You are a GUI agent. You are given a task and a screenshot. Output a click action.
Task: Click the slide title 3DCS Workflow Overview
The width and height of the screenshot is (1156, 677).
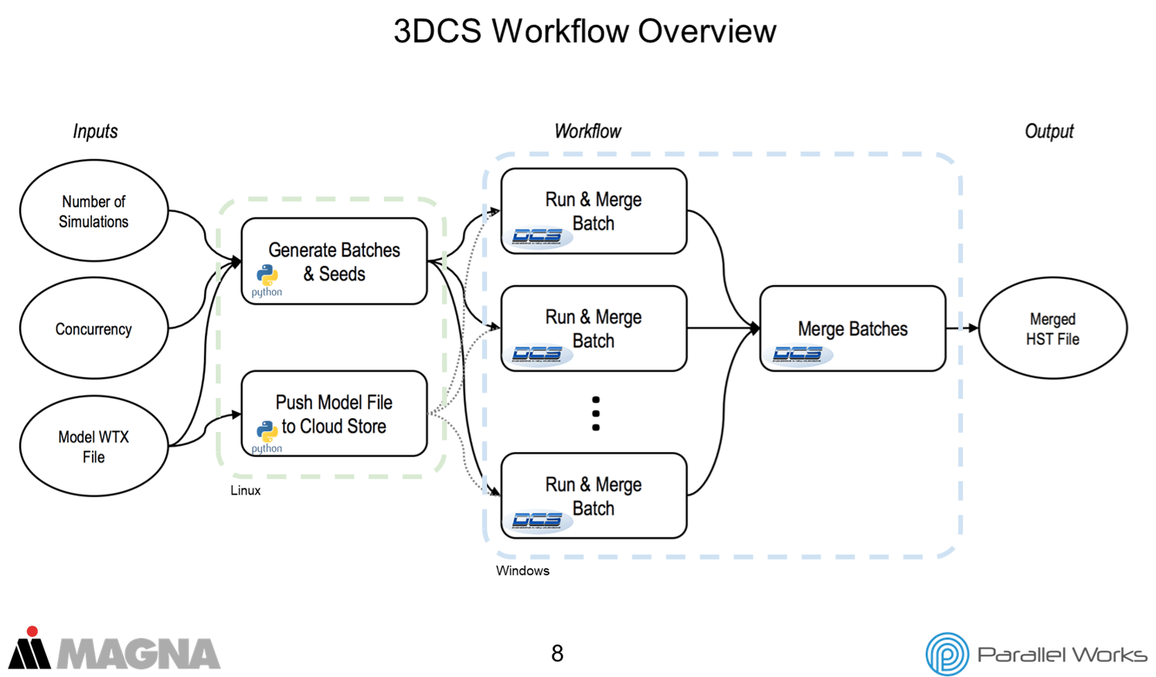click(584, 32)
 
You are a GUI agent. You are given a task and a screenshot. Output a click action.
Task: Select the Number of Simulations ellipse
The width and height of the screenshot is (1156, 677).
click(93, 211)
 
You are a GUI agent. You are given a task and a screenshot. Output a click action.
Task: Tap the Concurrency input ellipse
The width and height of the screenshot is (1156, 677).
click(93, 328)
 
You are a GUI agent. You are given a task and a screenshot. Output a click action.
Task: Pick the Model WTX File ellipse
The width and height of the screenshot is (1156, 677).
click(93, 446)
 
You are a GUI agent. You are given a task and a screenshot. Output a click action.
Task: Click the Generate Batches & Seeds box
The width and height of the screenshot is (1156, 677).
click(334, 261)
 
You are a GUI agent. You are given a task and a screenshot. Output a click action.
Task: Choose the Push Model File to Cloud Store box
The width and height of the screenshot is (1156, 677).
click(334, 413)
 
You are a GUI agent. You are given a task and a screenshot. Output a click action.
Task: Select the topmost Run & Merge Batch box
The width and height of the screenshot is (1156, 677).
click(593, 211)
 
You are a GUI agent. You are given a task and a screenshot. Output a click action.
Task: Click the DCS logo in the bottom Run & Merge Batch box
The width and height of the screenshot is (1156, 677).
click(538, 520)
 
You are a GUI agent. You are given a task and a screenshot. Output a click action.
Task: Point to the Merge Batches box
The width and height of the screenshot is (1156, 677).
click(852, 328)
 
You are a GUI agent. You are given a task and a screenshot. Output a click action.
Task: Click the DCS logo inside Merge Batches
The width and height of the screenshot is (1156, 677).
click(800, 354)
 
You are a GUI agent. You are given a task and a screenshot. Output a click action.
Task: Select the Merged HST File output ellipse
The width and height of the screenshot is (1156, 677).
click(1052, 328)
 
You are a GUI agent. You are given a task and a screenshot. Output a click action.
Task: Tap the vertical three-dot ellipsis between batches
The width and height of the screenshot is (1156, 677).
click(596, 413)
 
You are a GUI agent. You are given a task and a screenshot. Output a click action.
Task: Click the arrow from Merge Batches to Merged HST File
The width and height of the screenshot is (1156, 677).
click(962, 328)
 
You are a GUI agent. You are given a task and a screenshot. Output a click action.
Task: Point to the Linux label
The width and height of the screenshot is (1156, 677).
click(245, 491)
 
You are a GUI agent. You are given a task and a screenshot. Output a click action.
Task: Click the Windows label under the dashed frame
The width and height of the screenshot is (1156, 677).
click(522, 571)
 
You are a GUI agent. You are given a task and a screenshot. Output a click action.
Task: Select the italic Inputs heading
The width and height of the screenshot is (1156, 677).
click(95, 131)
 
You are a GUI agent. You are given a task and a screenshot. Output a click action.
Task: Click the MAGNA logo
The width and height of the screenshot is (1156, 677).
click(114, 650)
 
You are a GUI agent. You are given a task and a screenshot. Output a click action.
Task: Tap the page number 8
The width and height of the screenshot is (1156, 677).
click(557, 654)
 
